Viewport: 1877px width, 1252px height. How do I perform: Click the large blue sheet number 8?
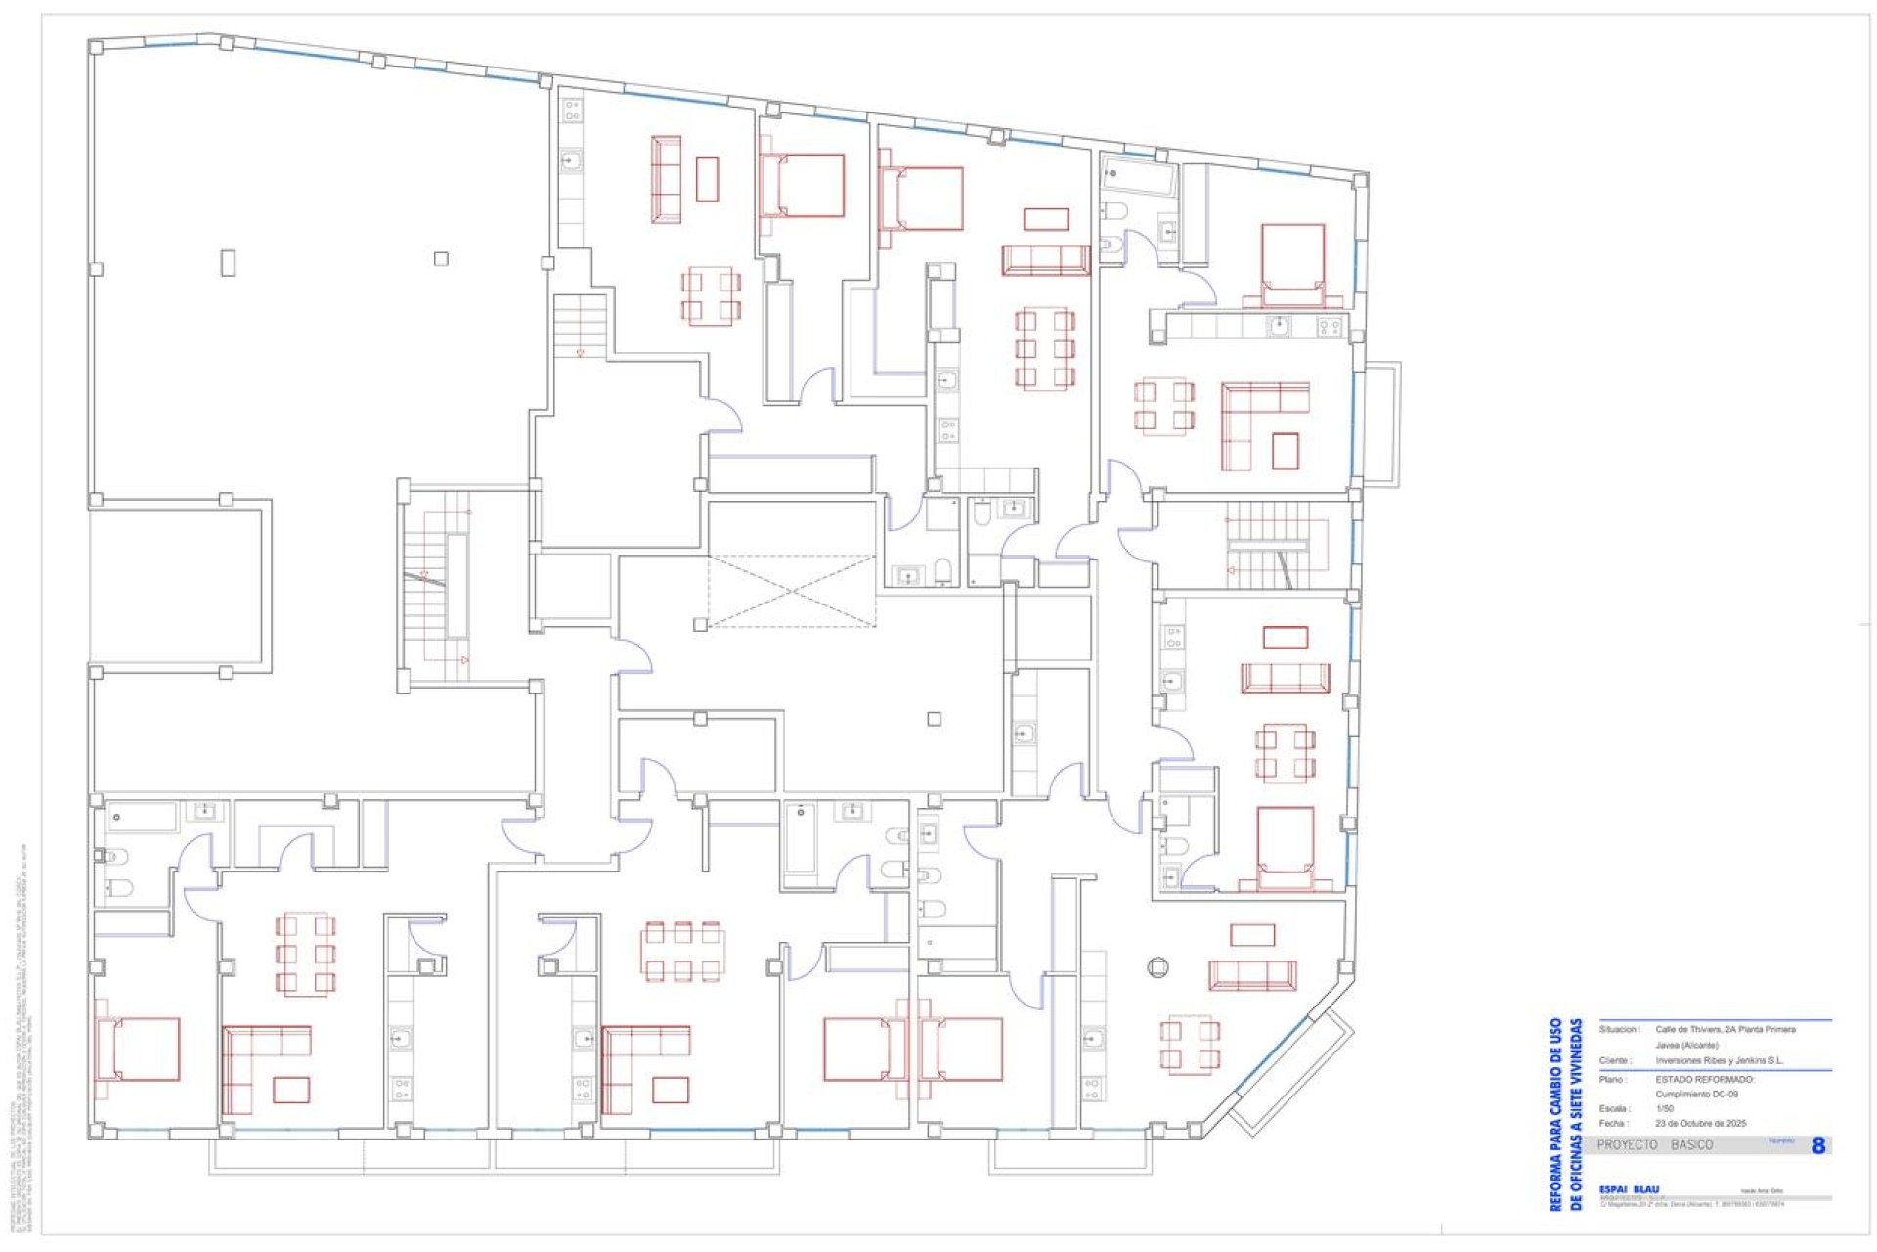coord(1817,1145)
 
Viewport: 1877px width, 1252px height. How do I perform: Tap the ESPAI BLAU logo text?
coord(1629,1189)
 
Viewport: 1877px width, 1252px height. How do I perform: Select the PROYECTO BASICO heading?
coord(1654,1144)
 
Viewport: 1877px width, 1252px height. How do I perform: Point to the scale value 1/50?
coord(1664,1108)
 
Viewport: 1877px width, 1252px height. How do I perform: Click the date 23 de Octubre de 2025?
coord(1700,1123)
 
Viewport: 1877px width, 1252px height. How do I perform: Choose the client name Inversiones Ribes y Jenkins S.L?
coord(1719,1060)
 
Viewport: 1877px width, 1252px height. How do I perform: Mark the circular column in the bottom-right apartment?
coord(1157,967)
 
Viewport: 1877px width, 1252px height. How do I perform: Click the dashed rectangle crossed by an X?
coord(791,590)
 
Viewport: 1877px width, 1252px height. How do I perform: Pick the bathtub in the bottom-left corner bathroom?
coord(143,817)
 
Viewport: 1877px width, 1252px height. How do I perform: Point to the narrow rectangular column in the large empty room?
coord(228,262)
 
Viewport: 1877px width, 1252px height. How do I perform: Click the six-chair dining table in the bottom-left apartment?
coord(305,953)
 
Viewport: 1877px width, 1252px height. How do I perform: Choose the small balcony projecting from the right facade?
coord(1381,424)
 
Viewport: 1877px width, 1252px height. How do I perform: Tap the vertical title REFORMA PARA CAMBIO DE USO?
coord(1554,1114)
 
